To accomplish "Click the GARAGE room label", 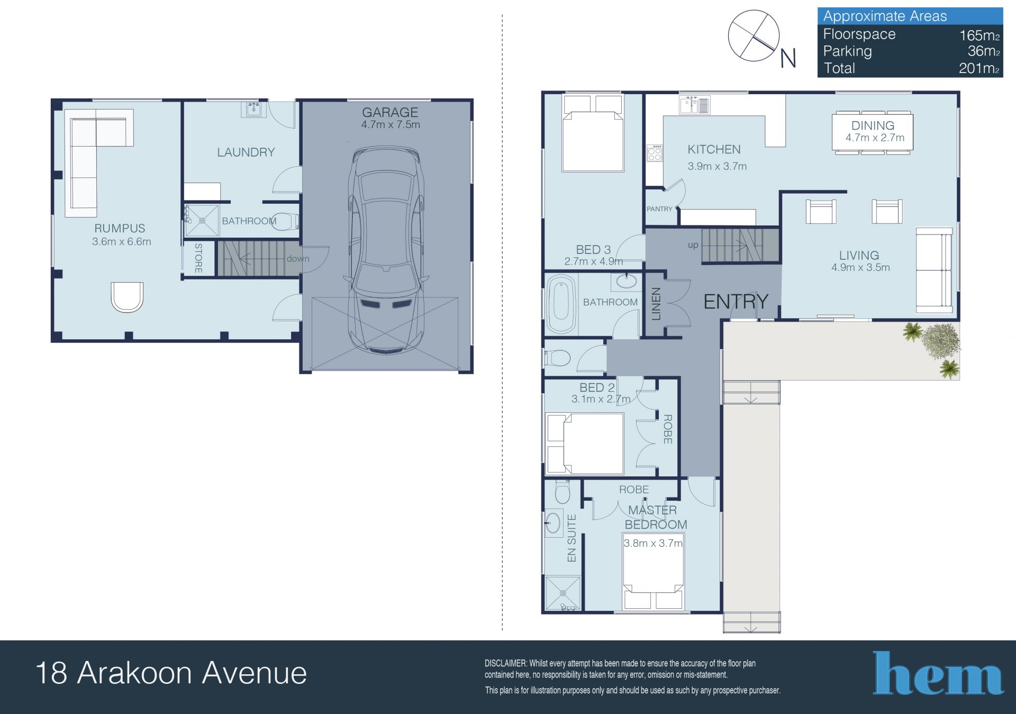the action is tap(390, 112).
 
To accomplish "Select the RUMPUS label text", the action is tap(120, 228).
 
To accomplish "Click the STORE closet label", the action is tap(198, 258).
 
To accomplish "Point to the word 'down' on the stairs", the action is tap(298, 259).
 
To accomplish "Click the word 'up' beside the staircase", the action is tap(693, 245).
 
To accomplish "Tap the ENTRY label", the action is tap(736, 302).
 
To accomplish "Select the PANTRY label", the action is tap(659, 209).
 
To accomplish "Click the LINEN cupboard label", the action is tap(656, 304).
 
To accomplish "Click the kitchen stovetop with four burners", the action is tap(655, 153).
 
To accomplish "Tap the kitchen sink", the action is tap(694, 105).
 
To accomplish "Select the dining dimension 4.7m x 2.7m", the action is tap(875, 138).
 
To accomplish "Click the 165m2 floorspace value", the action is tap(979, 35).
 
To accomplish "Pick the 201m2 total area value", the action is tap(979, 68).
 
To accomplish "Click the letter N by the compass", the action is tap(788, 58).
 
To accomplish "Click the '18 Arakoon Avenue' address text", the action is tap(171, 673).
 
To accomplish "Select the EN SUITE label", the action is tap(571, 538).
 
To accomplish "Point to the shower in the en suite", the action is tap(563, 594).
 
